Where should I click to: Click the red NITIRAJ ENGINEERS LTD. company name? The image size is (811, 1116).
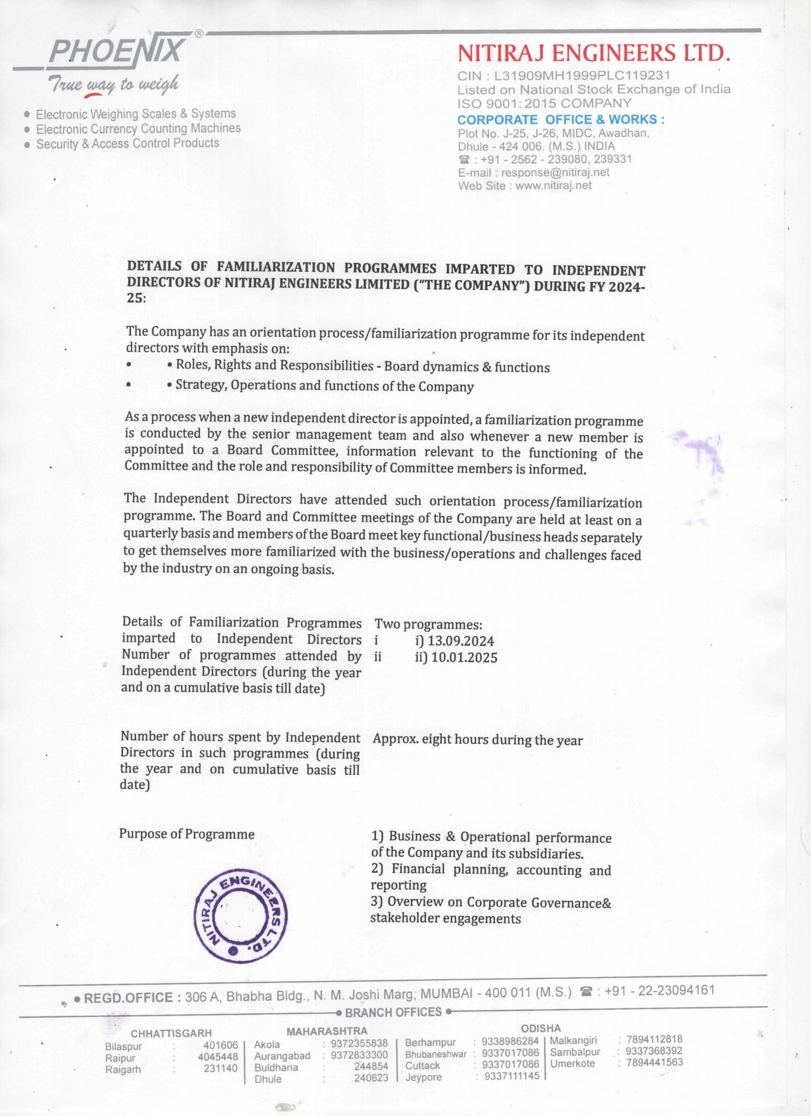pos(593,53)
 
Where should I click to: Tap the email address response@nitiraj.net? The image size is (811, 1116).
pos(555,173)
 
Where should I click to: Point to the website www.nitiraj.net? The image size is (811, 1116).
pos(553,186)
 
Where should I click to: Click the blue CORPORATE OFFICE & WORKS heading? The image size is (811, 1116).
pos(561,120)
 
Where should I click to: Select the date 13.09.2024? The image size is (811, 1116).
pos(461,641)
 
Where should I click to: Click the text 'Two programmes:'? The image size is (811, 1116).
pos(428,625)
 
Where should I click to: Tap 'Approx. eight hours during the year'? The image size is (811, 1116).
pos(478,741)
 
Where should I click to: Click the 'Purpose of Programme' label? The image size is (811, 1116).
pos(187,834)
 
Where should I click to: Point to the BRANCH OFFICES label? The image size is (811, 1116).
pos(393,1012)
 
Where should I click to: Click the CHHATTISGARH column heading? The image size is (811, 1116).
pos(171,1033)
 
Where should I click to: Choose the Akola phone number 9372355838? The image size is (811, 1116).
pos(359,1043)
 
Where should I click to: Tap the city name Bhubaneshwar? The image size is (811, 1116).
pos(436,1054)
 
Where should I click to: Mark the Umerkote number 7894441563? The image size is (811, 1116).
pos(654,1063)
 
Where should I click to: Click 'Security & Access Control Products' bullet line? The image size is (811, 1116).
pos(127,144)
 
